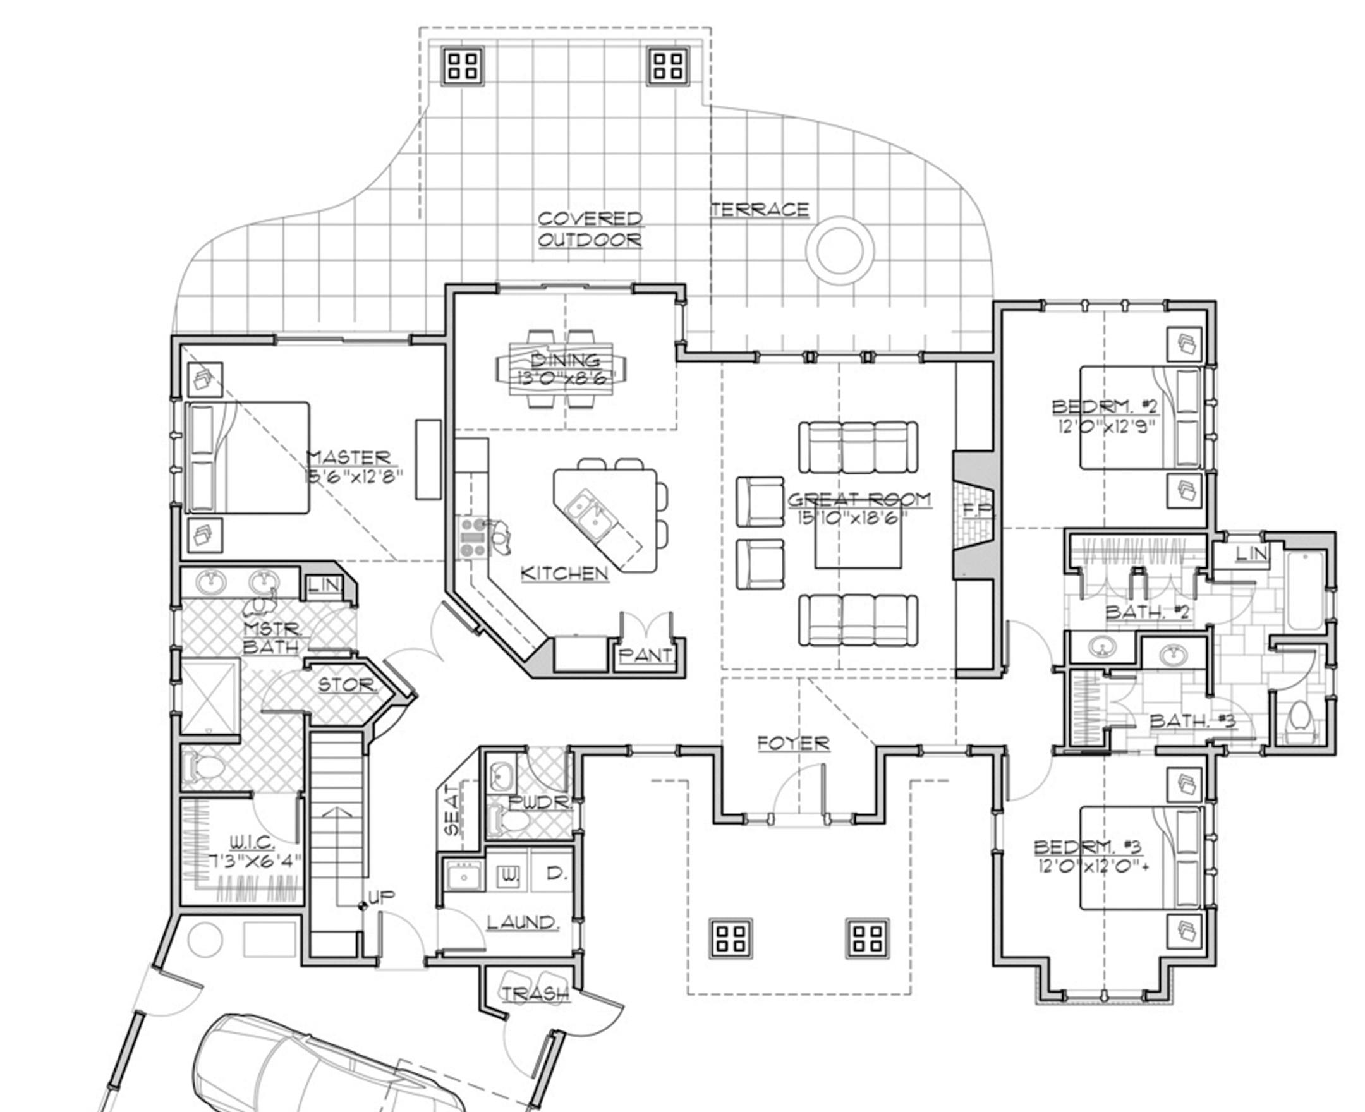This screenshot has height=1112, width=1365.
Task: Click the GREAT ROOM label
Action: pyautogui.click(x=859, y=499)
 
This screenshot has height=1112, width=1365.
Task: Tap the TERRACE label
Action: pyautogui.click(x=760, y=210)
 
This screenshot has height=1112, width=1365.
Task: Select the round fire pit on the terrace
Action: pyautogui.click(x=840, y=250)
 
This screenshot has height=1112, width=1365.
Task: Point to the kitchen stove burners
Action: pyautogui.click(x=472, y=537)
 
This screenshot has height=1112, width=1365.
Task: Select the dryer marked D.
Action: pyautogui.click(x=555, y=873)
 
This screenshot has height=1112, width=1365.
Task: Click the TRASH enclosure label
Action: pyautogui.click(x=535, y=993)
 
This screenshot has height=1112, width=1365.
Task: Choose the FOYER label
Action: pyautogui.click(x=794, y=743)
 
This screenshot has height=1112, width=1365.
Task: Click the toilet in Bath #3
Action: pyautogui.click(x=1299, y=715)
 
